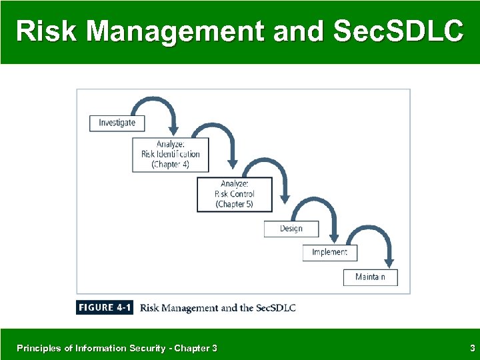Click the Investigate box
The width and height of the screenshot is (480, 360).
coord(117,123)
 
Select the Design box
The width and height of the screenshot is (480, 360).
coord(291,229)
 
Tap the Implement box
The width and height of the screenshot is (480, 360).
coord(329,253)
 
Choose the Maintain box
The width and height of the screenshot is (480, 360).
coord(370,277)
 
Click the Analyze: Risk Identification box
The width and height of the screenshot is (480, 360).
coord(170,154)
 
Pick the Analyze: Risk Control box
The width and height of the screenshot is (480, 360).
coord(234,194)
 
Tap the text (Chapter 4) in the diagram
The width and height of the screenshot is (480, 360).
coord(170,164)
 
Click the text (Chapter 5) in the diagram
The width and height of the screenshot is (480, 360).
coord(234,204)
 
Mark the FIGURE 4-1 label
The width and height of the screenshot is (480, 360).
coord(105,308)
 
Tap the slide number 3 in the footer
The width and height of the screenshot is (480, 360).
coord(472,348)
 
